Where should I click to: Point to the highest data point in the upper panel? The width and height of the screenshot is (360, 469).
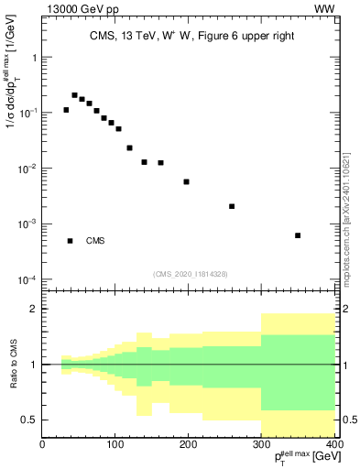click(74, 94)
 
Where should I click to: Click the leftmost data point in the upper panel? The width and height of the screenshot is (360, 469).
click(66, 110)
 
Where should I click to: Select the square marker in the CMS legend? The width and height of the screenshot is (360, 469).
click(70, 241)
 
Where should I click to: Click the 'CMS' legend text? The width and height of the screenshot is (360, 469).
click(95, 241)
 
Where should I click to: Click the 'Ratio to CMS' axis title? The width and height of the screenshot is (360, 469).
click(15, 364)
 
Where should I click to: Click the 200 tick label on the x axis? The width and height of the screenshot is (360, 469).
click(188, 443)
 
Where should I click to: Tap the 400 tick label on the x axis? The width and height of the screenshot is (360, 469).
click(333, 443)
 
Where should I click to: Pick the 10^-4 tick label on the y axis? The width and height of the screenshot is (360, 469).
click(25, 279)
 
